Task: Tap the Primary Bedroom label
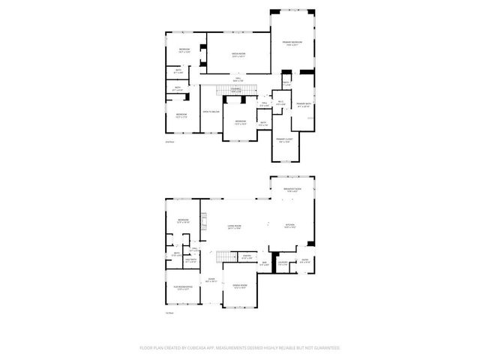coord(291,43)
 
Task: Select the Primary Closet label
coord(286,142)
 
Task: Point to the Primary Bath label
coord(303,105)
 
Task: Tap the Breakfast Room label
coord(292,190)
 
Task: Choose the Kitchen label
coord(289,225)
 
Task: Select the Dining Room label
coord(240,286)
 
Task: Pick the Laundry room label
coord(283,262)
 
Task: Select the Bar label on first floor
coord(264,263)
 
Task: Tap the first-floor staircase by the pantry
coord(222,259)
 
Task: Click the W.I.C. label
coord(279,103)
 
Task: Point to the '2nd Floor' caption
coord(169,141)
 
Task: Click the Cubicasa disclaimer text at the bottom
coord(240,348)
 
